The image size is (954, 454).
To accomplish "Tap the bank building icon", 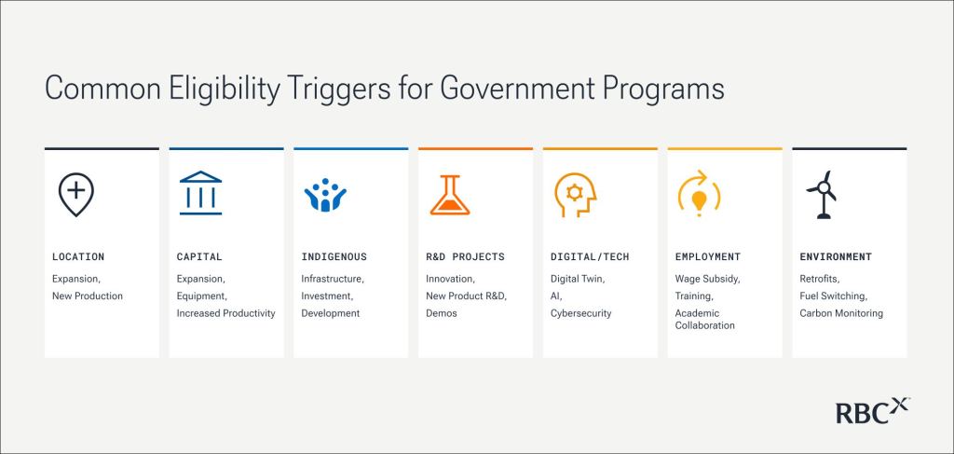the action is [201, 193].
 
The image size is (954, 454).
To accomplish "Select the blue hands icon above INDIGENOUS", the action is [325, 195].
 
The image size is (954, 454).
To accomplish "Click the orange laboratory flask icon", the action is [450, 195].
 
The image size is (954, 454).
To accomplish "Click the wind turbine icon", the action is [822, 194].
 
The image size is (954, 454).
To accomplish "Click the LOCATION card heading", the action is [78, 256].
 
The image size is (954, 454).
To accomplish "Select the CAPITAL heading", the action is [199, 256].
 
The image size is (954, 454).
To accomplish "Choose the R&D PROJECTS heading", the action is [465, 256].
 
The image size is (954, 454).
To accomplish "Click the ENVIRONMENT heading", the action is [836, 256].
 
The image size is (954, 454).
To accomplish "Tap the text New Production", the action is [87, 296].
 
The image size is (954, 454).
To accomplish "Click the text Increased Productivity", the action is [225, 313].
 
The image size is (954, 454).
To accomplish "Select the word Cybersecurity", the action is [580, 313].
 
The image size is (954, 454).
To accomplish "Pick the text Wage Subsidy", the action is [707, 280].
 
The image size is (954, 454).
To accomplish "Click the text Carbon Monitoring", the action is [841, 313].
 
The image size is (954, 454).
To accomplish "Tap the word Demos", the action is [441, 313].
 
